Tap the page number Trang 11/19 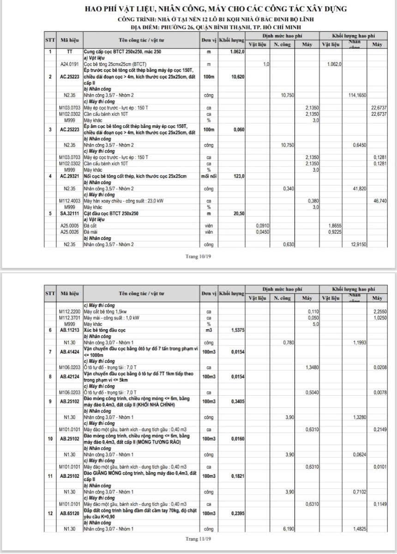[198, 539]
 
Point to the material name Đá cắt [91, 226]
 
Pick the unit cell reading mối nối [209, 176]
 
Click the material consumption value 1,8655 [334, 226]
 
